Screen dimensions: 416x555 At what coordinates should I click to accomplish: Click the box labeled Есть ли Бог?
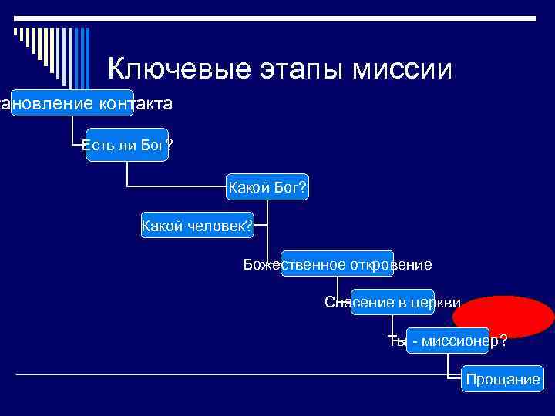pos(127,146)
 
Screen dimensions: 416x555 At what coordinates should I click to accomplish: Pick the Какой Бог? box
pos(267,187)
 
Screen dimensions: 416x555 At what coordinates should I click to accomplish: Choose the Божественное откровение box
pos(338,264)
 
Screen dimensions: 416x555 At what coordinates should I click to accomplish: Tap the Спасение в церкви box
pos(392,302)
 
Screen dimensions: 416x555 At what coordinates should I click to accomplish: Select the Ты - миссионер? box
pos(447,341)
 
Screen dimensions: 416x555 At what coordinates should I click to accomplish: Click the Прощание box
pos(502,379)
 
